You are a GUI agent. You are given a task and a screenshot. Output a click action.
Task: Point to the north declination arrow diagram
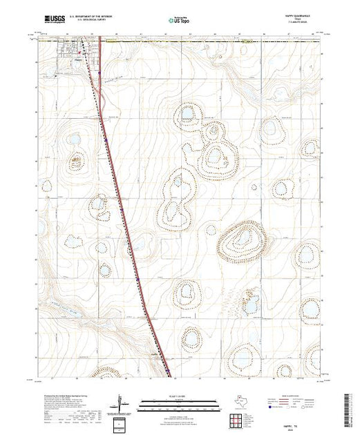(121, 402)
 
